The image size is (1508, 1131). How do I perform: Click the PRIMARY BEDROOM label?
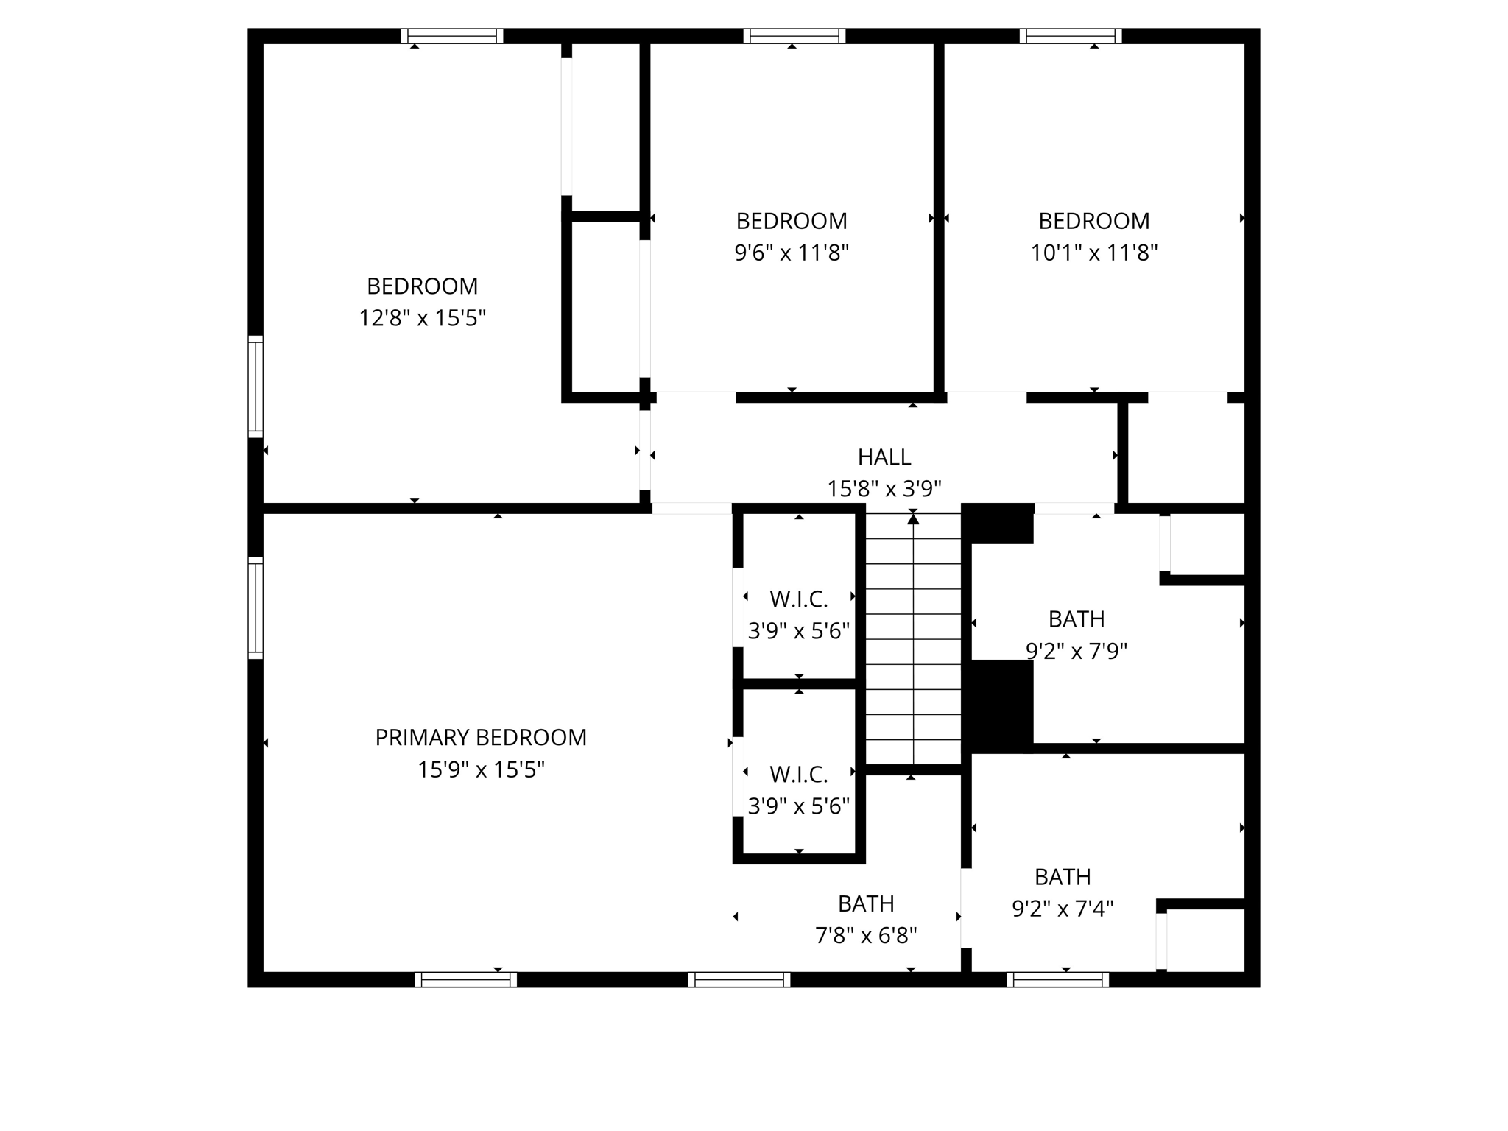tap(481, 737)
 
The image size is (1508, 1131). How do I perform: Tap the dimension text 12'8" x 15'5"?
tap(422, 318)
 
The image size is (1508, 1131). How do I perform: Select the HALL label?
tap(884, 457)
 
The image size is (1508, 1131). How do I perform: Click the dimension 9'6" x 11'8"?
tap(792, 253)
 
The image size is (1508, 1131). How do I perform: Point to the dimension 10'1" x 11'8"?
tap(1093, 253)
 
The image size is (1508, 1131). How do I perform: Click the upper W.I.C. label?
tap(799, 599)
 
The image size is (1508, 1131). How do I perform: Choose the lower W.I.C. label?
tap(799, 775)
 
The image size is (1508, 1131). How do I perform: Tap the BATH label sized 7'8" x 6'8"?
tap(866, 903)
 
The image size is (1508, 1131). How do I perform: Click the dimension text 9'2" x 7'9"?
tap(1077, 652)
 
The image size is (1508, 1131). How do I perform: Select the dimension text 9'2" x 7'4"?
tap(1063, 909)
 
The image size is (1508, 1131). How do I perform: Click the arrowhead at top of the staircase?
tap(913, 519)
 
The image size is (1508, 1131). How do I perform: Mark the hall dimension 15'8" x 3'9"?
tap(884, 489)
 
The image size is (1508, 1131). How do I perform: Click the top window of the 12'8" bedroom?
tap(452, 36)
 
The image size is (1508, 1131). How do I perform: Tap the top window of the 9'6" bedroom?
tap(794, 36)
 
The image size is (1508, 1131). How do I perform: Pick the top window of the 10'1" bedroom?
tap(1071, 36)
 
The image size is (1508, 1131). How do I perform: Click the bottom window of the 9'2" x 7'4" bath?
tap(1057, 979)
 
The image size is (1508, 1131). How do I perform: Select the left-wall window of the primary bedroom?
tap(256, 607)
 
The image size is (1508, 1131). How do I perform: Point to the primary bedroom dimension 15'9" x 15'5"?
tap(481, 770)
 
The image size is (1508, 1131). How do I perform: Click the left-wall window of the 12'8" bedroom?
tap(256, 387)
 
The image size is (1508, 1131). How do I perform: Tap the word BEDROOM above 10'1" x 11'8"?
tap(1093, 221)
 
